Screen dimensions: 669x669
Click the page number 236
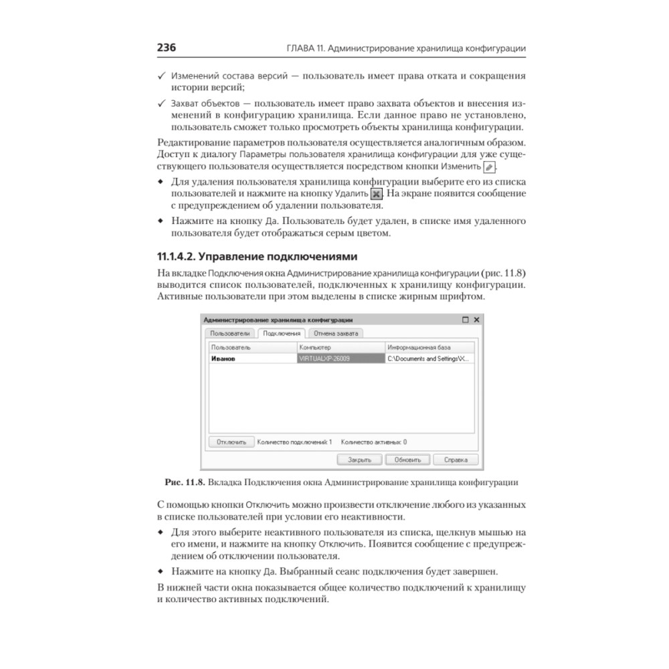(166, 48)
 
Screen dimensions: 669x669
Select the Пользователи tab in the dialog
(230, 333)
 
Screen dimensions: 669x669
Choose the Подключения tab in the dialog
(282, 333)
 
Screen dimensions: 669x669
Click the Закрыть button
(359, 460)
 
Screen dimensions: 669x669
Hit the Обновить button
(407, 460)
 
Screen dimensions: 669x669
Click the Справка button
(456, 460)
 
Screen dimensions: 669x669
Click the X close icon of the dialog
(476, 320)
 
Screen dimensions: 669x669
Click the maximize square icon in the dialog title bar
(466, 320)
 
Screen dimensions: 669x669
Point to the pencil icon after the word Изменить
(490, 167)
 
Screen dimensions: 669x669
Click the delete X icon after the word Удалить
(377, 193)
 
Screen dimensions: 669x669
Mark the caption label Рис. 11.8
(185, 481)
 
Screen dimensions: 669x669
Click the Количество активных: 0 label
(374, 442)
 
